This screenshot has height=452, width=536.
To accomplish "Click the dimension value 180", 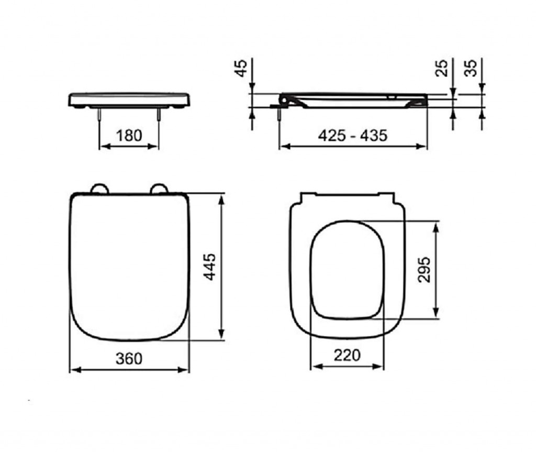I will (129, 135).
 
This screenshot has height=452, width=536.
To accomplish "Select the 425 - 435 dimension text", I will (353, 135).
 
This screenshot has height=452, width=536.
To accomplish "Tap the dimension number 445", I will (209, 267).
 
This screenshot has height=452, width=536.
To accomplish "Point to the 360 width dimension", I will (129, 358).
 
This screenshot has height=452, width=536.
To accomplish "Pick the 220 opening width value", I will (347, 355).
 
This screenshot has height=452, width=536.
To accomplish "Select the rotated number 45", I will (241, 68).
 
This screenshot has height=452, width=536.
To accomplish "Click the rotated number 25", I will (442, 68).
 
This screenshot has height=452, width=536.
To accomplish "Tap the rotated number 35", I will (471, 68).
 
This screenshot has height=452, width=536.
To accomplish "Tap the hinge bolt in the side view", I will (281, 115).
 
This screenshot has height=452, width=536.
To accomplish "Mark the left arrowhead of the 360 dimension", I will (74, 370).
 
